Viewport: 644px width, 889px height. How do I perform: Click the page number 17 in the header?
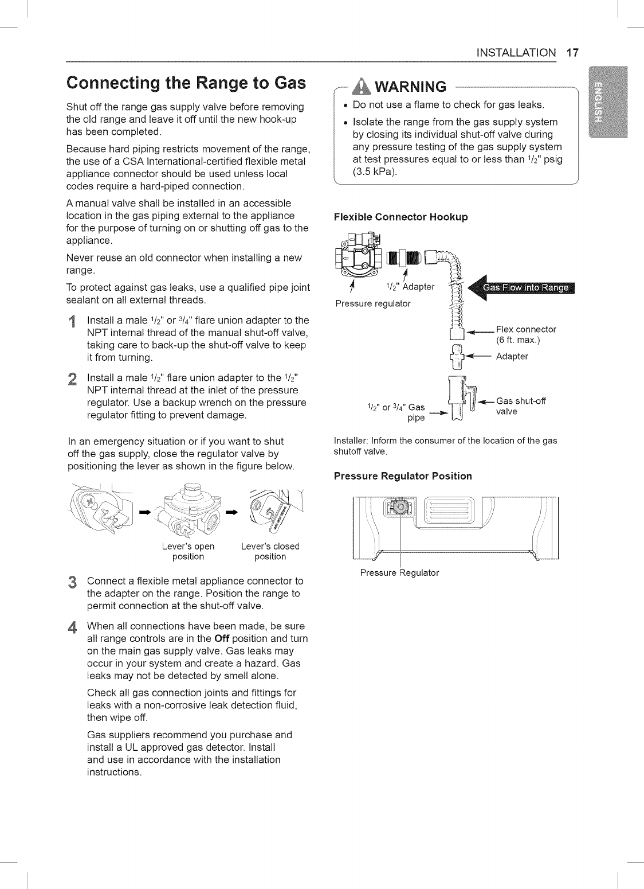[572, 53]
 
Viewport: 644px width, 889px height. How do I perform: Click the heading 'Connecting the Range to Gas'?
[186, 84]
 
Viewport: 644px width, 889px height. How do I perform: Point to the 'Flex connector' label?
[525, 329]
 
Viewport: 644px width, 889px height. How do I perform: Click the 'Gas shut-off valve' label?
[521, 406]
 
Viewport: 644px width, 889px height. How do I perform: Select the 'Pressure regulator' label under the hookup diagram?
[373, 303]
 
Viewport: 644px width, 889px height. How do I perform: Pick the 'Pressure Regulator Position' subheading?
[402, 476]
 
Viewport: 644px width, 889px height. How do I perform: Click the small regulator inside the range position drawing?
[398, 507]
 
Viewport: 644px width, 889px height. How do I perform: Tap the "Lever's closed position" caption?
[270, 551]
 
